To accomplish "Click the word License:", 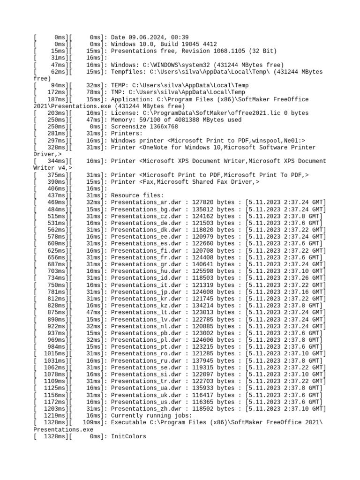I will [125, 113].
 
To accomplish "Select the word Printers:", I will [127, 134].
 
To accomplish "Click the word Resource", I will [125, 195].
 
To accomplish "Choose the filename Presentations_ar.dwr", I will [145, 202].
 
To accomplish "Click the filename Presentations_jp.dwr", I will [145, 292].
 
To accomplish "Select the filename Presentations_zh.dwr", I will [145, 409].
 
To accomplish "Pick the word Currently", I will [127, 415].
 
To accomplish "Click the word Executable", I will [128, 422].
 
